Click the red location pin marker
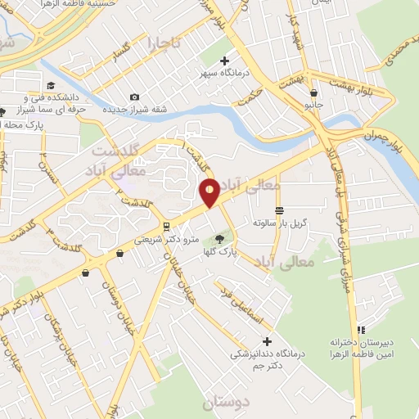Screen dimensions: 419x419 (209, 191)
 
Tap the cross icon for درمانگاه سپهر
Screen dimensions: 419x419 (225, 60)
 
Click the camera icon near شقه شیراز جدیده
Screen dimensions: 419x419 (135, 97)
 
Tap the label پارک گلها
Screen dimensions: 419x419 (221, 253)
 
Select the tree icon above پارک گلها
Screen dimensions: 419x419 (219, 240)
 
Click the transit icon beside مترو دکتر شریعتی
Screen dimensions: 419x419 (167, 226)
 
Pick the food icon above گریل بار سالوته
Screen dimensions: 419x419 (281, 210)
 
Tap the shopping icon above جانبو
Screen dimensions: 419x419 (313, 93)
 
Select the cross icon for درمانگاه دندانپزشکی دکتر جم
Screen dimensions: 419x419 (266, 340)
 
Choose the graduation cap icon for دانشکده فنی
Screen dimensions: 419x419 (51, 85)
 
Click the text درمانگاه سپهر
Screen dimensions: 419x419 (225, 74)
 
